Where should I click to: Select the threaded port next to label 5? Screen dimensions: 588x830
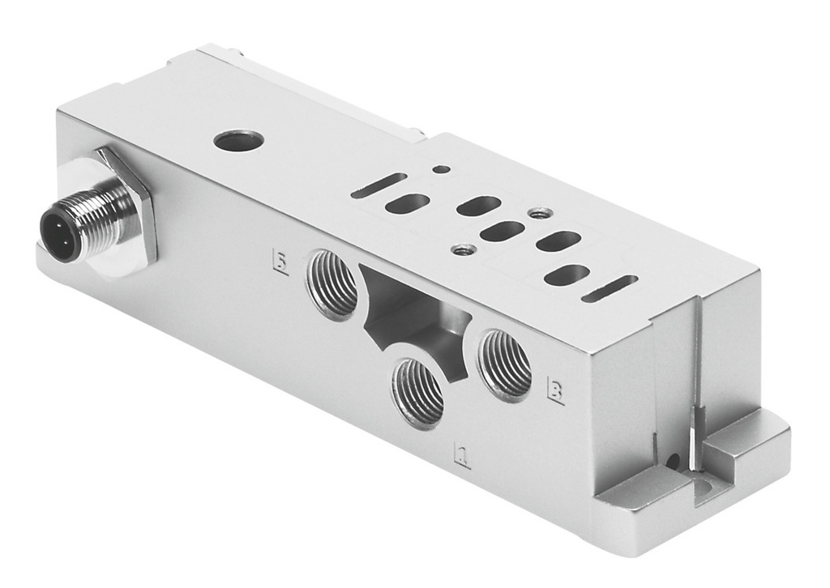(x=332, y=284)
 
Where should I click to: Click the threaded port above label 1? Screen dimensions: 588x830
(x=418, y=392)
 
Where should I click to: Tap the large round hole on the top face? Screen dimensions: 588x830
(x=238, y=141)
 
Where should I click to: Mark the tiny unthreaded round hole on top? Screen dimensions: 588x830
(x=440, y=169)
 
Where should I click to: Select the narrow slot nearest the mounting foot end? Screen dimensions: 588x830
(x=610, y=288)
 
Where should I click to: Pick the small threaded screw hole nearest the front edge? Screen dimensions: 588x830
(x=463, y=250)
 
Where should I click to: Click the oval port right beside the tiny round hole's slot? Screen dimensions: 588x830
(x=407, y=203)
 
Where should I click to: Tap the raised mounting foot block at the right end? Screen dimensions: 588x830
(x=746, y=445)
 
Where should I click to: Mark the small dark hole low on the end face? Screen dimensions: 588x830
(x=672, y=462)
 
